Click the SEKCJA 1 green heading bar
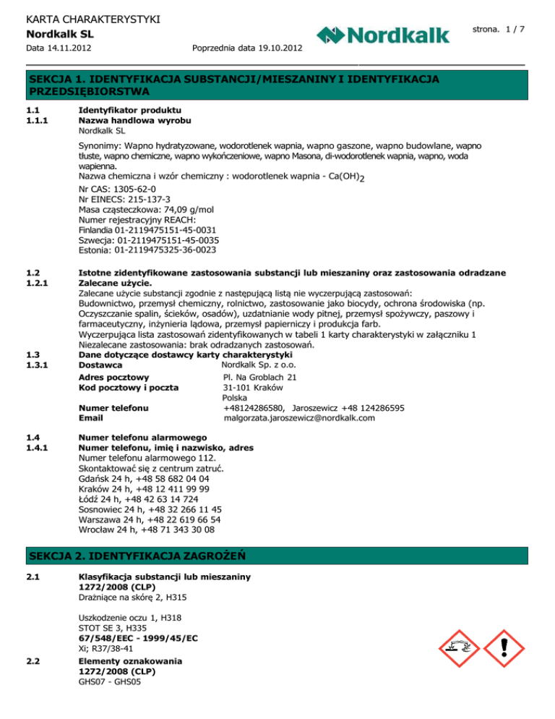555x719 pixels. [x=277, y=85]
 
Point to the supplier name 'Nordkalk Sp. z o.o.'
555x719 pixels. [x=262, y=366]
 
